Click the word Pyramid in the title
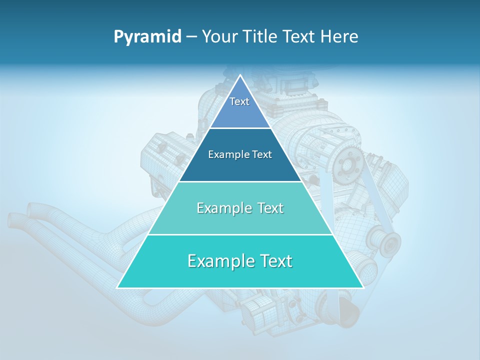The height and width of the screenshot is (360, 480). click(x=147, y=37)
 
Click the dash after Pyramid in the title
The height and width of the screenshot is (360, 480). click(x=191, y=37)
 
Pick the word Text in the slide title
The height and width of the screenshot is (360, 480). click(x=301, y=37)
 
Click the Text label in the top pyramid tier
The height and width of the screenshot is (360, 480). click(x=239, y=101)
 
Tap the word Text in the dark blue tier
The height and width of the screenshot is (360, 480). click(x=261, y=154)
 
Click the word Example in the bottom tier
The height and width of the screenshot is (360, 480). click(x=220, y=261)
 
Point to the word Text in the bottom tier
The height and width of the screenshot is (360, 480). click(x=275, y=261)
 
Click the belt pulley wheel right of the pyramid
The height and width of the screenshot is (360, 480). click(x=389, y=243)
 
